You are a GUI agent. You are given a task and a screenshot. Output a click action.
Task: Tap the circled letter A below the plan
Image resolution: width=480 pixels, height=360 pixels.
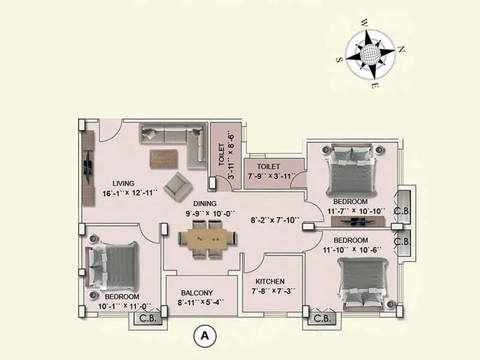[204, 337]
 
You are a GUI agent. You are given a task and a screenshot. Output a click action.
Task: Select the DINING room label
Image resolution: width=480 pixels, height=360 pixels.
[205, 203]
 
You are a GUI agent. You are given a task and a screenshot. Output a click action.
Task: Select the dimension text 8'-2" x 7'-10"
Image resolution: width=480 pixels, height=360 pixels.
[275, 220]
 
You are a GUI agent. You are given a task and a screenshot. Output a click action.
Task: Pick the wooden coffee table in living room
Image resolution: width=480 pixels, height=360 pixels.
[164, 158]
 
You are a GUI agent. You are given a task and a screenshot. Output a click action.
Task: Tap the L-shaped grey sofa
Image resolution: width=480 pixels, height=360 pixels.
[174, 141]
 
